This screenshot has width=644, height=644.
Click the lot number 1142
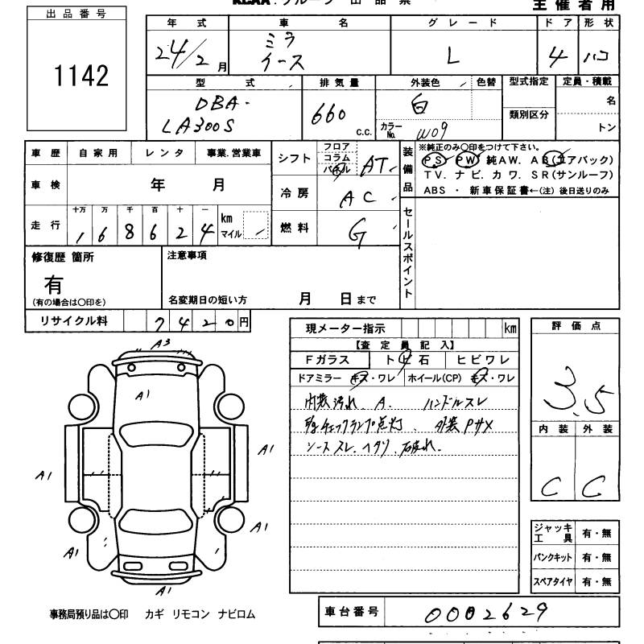point(80,76)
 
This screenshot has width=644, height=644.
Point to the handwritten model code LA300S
point(198,127)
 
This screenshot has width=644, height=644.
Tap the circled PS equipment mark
point(433,159)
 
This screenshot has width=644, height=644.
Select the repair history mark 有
point(54,285)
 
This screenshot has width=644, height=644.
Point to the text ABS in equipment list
point(434,190)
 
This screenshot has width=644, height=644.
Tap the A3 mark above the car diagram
point(163,343)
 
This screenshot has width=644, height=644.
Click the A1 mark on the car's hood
point(143,395)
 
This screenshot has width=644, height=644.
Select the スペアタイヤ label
point(551,581)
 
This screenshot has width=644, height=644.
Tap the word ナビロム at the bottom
point(236,613)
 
